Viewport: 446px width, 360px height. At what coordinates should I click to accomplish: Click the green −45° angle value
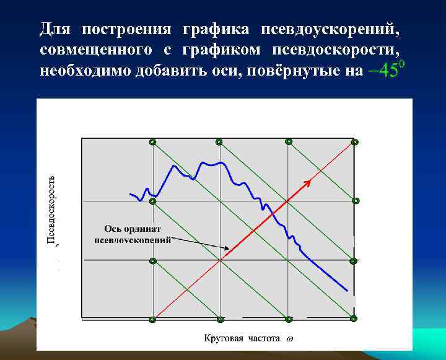(x=386, y=69)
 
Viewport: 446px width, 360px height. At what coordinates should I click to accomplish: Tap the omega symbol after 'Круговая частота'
(x=290, y=339)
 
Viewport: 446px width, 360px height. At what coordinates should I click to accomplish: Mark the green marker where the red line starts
(x=153, y=320)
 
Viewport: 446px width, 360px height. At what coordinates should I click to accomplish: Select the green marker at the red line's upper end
(x=354, y=143)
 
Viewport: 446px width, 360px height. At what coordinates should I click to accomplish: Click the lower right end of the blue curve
(x=347, y=289)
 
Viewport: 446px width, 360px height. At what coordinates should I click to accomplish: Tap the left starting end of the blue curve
(x=130, y=195)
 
